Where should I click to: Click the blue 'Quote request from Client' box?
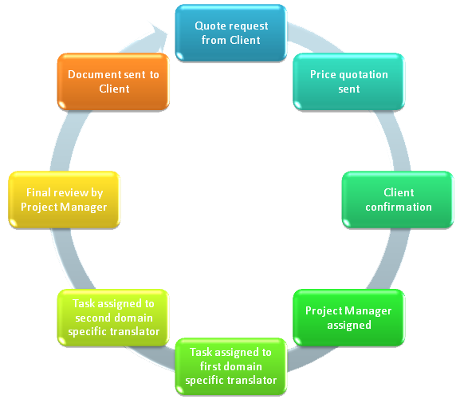(x=231, y=33)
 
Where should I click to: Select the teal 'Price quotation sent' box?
(x=349, y=81)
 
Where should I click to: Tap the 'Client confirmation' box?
(x=398, y=200)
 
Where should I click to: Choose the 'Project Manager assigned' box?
(x=349, y=318)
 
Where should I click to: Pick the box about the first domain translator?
(x=231, y=366)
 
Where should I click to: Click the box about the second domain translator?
(x=113, y=318)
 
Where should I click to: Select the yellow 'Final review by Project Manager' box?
(x=65, y=200)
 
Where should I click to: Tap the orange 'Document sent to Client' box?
(x=113, y=81)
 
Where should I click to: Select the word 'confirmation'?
(x=399, y=207)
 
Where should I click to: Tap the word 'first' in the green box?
(x=210, y=366)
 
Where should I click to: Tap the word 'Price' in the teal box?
(x=323, y=74)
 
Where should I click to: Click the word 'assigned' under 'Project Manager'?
(x=349, y=326)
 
